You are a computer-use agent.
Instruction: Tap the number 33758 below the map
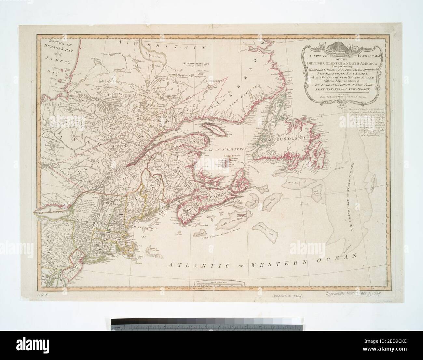(41, 296)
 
